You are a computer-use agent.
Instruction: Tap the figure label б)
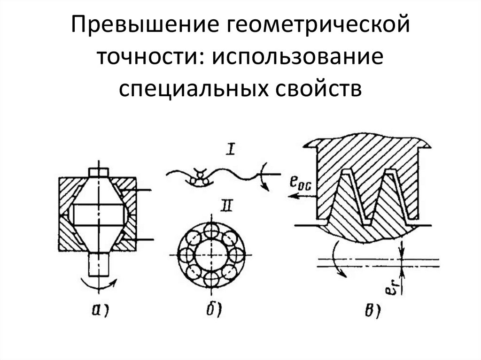pyautogui.click(x=214, y=310)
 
